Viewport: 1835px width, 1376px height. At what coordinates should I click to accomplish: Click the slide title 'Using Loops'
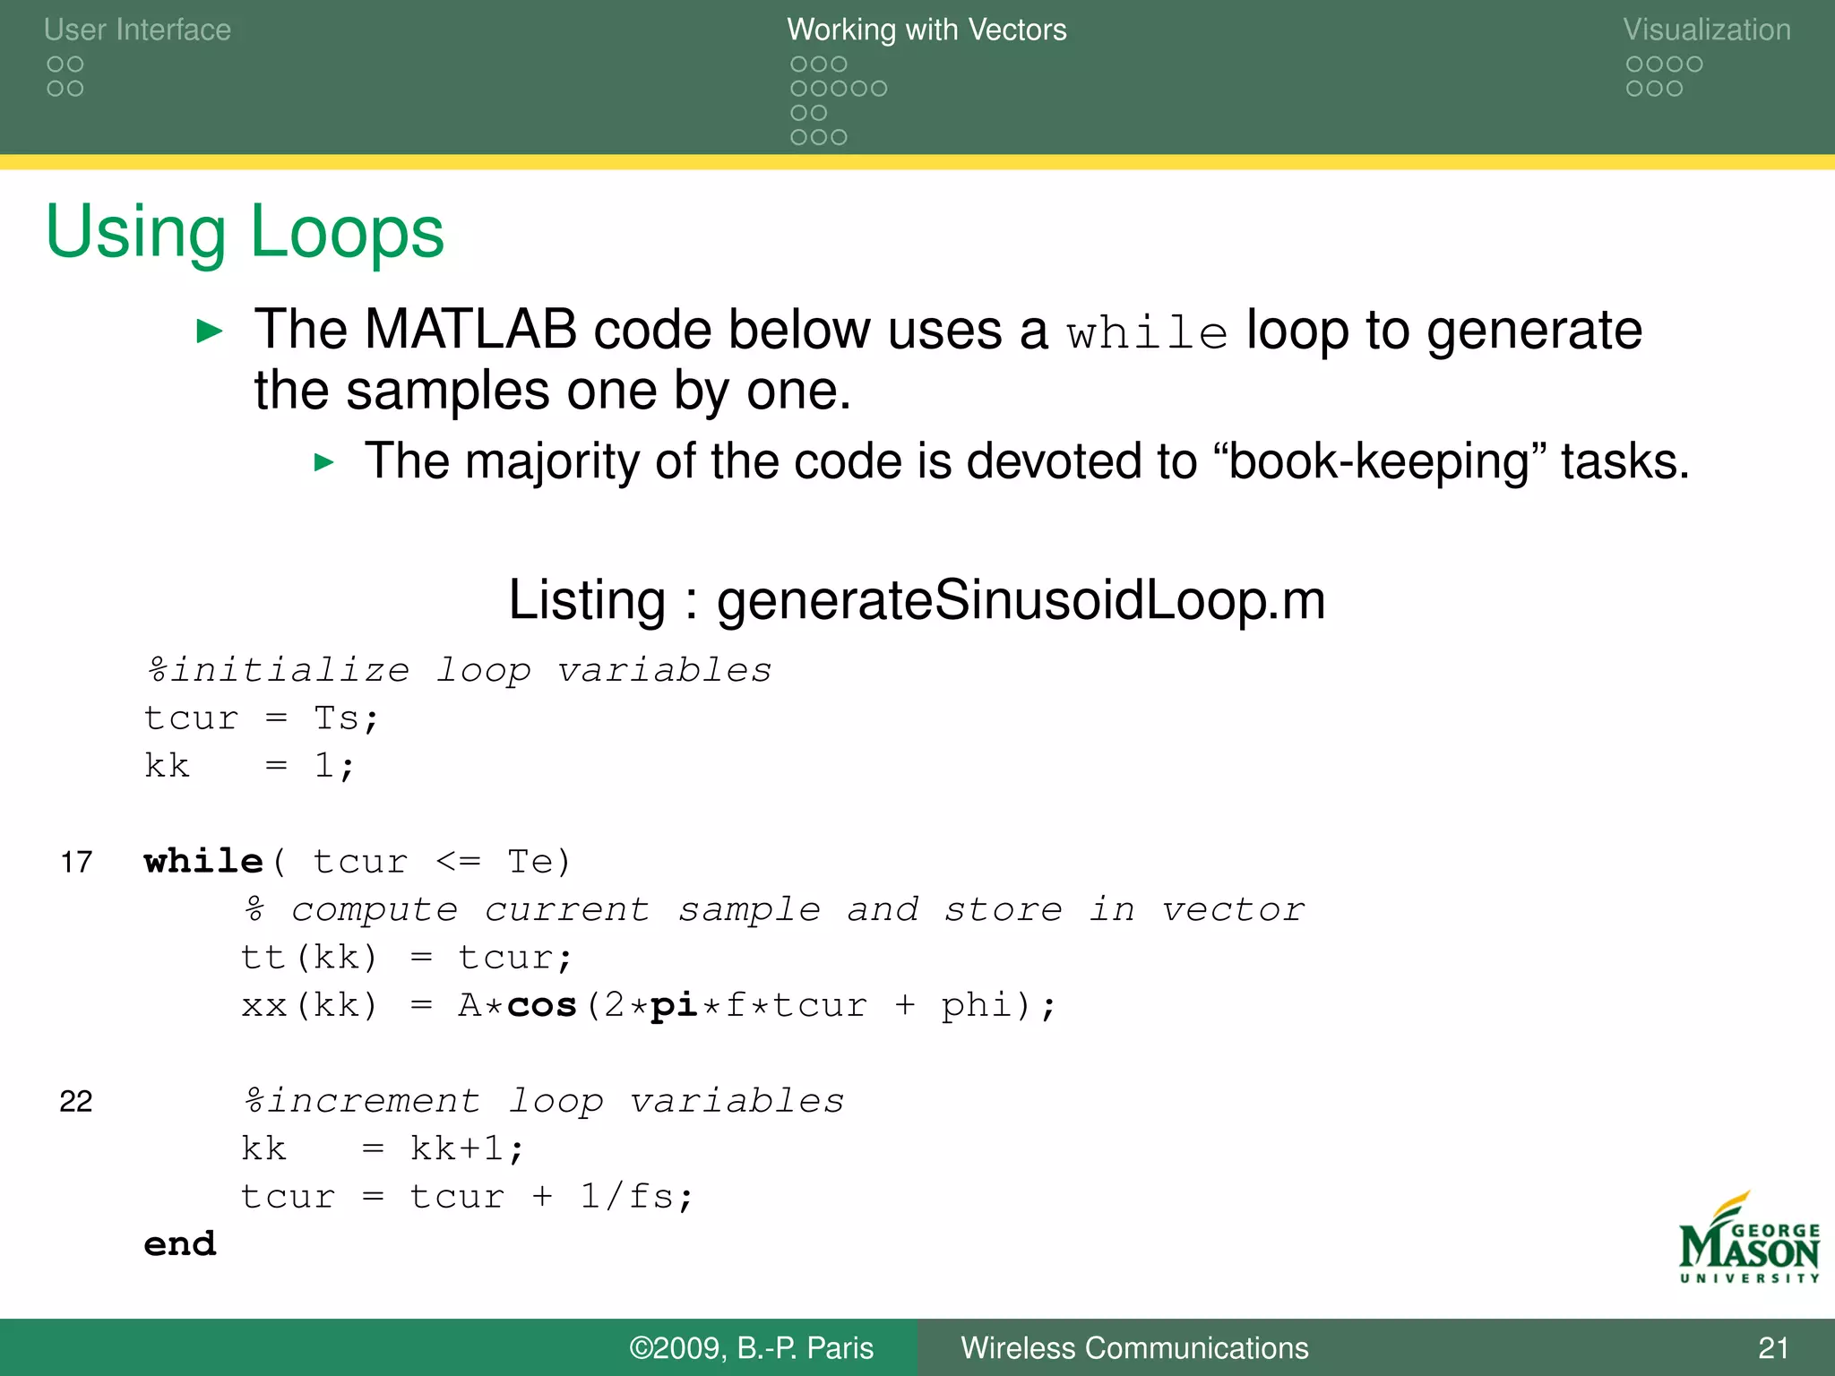245,231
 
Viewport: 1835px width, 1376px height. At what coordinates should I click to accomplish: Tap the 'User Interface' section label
137,30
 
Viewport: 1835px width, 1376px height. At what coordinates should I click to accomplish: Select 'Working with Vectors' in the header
926,30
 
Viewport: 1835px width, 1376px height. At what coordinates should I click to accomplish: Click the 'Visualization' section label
1707,30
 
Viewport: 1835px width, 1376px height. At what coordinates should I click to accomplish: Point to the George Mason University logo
1748,1240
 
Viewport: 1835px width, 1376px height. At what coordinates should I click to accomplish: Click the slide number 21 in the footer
1773,1347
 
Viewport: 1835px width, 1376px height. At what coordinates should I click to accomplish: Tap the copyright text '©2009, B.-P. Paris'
751,1347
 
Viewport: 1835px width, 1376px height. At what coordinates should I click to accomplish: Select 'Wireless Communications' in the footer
1134,1347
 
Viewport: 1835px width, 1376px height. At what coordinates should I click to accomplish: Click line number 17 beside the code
76,862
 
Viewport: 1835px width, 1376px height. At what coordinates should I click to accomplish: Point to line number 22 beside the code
76,1101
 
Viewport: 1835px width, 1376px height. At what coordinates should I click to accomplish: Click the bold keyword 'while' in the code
203,861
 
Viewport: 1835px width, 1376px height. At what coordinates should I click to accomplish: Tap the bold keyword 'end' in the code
180,1243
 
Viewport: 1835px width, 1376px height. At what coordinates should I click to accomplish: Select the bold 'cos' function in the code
541,1005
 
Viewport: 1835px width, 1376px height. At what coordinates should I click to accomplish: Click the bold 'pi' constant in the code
674,1005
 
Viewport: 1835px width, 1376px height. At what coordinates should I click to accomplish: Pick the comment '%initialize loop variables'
459,670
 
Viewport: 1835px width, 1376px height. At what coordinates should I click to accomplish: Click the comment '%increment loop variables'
544,1101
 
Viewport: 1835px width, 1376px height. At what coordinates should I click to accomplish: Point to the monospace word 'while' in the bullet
1147,333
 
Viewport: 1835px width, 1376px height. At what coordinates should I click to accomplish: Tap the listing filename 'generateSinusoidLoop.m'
1021,599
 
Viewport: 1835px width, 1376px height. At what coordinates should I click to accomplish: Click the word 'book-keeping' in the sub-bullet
1378,461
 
